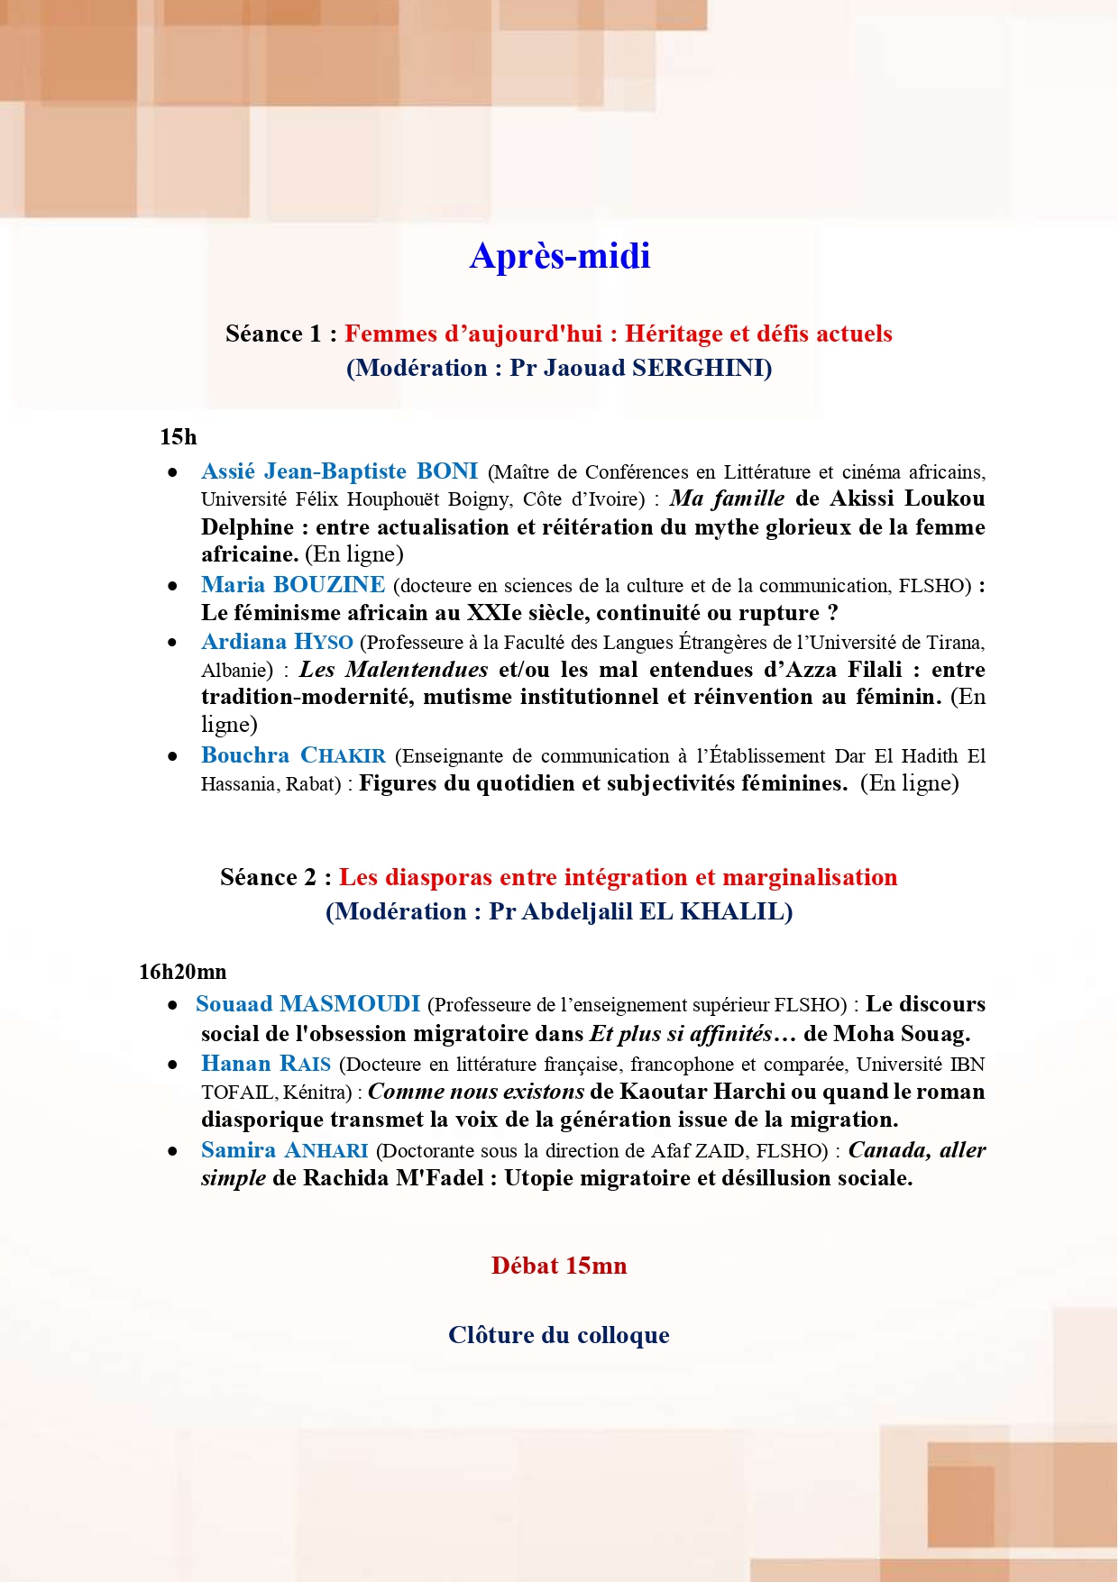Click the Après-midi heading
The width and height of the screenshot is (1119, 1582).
pyautogui.click(x=559, y=257)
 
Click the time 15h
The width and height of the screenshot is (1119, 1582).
pyautogui.click(x=178, y=437)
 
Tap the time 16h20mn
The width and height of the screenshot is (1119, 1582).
pyautogui.click(x=182, y=972)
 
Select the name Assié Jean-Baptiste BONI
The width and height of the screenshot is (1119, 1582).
pyautogui.click(x=339, y=471)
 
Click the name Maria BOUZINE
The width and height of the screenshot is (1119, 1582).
pyautogui.click(x=293, y=585)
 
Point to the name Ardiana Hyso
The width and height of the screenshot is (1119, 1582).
pyautogui.click(x=277, y=642)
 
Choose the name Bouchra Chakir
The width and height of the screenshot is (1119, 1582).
pyautogui.click(x=293, y=755)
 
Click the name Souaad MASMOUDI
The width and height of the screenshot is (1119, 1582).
pyautogui.click(x=307, y=1004)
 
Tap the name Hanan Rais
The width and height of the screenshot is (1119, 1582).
pyautogui.click(x=265, y=1064)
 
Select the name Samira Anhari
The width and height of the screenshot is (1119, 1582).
pyautogui.click(x=284, y=1150)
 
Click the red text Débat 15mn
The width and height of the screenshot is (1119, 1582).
pyautogui.click(x=559, y=1266)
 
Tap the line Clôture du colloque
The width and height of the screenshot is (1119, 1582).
pyautogui.click(x=559, y=1335)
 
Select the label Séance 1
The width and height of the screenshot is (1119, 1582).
pyautogui.click(x=273, y=334)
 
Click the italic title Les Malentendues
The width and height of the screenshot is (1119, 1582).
pyautogui.click(x=393, y=670)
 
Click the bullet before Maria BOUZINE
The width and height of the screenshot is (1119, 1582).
pyautogui.click(x=172, y=586)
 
